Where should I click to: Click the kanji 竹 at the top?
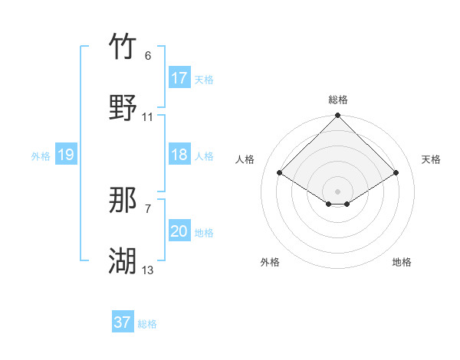(123, 47)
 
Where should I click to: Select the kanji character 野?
(123, 108)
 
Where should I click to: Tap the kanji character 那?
(123, 201)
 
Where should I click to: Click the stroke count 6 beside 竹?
(148, 56)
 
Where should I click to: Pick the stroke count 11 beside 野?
(148, 117)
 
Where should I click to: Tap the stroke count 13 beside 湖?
(148, 270)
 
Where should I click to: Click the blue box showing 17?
(179, 78)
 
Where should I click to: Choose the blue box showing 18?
(179, 155)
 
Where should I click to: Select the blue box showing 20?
(179, 231)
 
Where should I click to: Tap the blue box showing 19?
(66, 155)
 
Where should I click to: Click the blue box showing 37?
(123, 322)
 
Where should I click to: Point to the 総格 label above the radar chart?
(338, 100)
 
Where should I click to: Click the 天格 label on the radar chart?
(431, 159)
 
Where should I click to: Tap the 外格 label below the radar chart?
(270, 262)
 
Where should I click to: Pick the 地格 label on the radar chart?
(402, 262)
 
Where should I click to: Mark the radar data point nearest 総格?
(338, 116)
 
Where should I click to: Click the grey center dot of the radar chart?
(338, 191)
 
